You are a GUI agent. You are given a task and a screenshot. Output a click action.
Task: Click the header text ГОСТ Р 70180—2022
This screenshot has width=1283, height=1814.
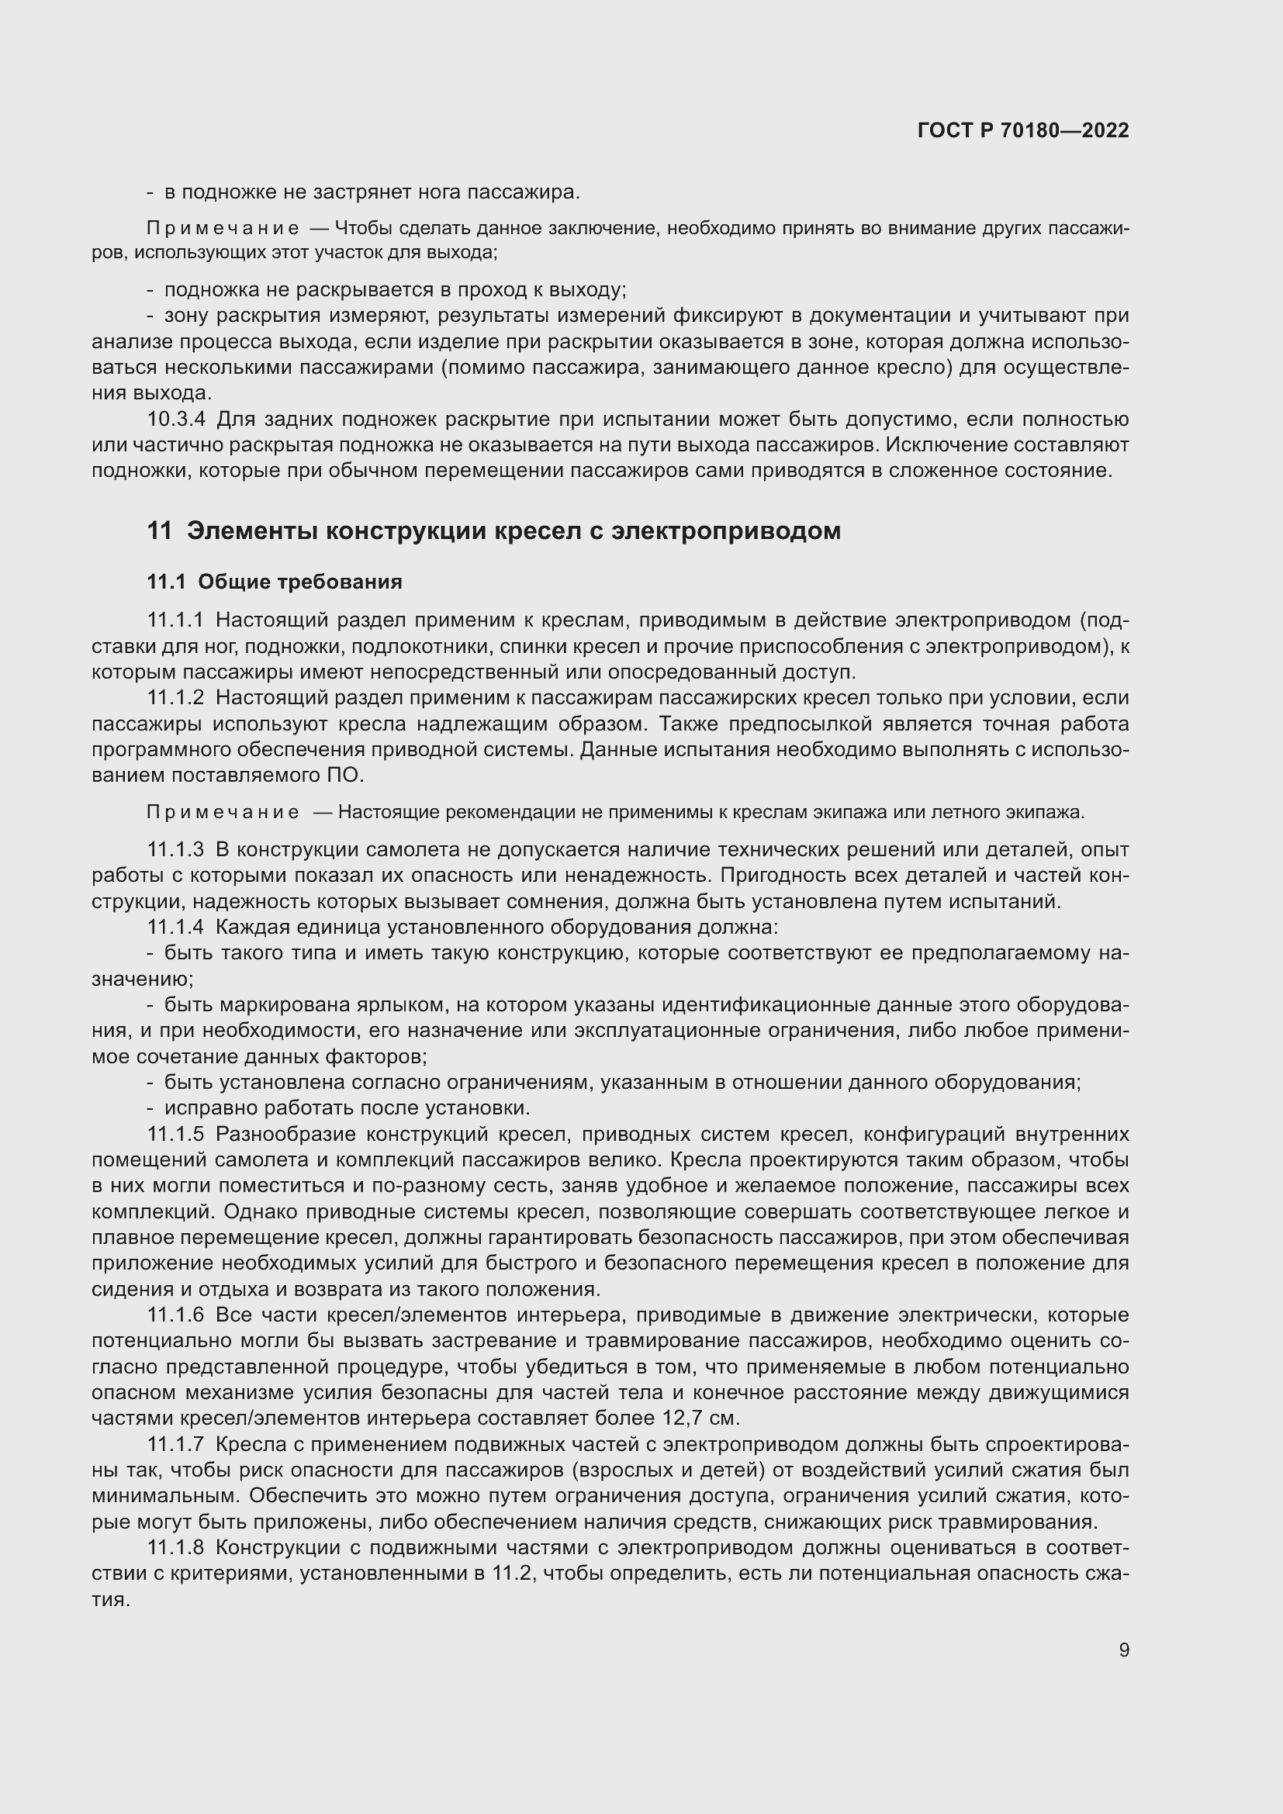(1023, 130)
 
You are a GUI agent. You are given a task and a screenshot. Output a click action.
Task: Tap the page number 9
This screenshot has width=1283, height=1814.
(1123, 1650)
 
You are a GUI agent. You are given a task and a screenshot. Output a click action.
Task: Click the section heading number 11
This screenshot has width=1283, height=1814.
(159, 531)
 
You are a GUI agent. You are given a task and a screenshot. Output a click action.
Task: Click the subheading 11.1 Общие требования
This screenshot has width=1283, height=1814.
(274, 582)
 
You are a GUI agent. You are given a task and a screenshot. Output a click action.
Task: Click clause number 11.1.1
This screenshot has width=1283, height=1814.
(175, 621)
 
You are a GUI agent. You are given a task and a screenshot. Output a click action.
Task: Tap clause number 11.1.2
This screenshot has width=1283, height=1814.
(175, 699)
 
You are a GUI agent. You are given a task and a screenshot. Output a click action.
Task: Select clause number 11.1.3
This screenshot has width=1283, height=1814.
(175, 850)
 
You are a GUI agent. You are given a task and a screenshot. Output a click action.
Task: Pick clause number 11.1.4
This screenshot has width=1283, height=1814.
(175, 927)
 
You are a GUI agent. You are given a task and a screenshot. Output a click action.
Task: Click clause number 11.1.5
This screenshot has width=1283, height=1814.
(175, 1135)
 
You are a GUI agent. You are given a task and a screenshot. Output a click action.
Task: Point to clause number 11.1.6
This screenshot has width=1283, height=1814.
(175, 1315)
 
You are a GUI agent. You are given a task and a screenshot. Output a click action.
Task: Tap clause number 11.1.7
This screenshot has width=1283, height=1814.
(175, 1445)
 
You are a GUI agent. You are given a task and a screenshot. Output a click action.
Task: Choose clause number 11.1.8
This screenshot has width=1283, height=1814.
(175, 1548)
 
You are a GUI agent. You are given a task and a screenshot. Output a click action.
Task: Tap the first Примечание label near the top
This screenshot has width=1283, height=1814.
(223, 229)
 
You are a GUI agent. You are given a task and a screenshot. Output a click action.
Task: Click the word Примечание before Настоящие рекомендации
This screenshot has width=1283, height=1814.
(223, 812)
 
